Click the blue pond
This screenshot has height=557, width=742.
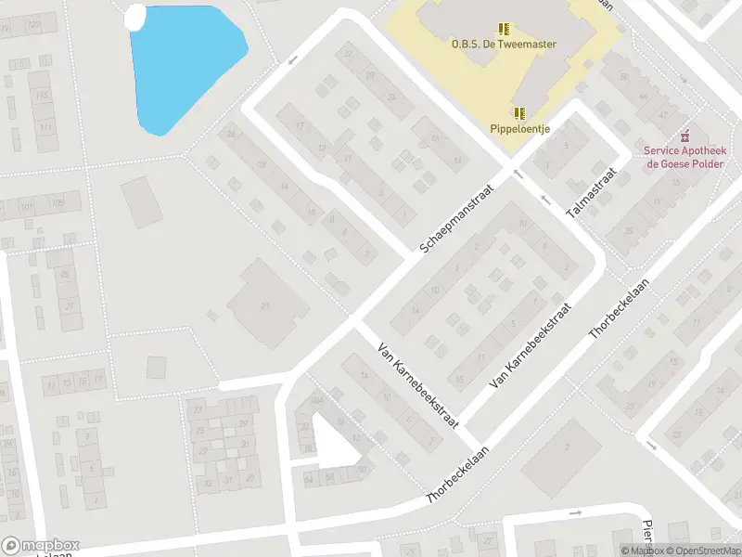pos(185,65)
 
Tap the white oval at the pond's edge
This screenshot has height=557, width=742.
pos(135,16)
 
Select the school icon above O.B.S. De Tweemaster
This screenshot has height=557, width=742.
pos(504,29)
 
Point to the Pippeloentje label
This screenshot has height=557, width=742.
pos(520,129)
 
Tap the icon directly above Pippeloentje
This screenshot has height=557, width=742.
pos(520,113)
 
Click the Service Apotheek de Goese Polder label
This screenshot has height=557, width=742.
pos(685,157)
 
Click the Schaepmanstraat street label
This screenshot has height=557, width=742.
pos(456,218)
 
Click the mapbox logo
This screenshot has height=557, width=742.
pos(41,546)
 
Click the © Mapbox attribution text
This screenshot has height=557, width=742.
pos(642,551)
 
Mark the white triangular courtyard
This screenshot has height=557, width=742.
pos(333,441)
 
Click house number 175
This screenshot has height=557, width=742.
pos(43,97)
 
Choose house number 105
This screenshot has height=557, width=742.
pos(58,202)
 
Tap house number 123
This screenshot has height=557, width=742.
pos(35,26)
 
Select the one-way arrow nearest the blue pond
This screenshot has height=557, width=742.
pos(293,60)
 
